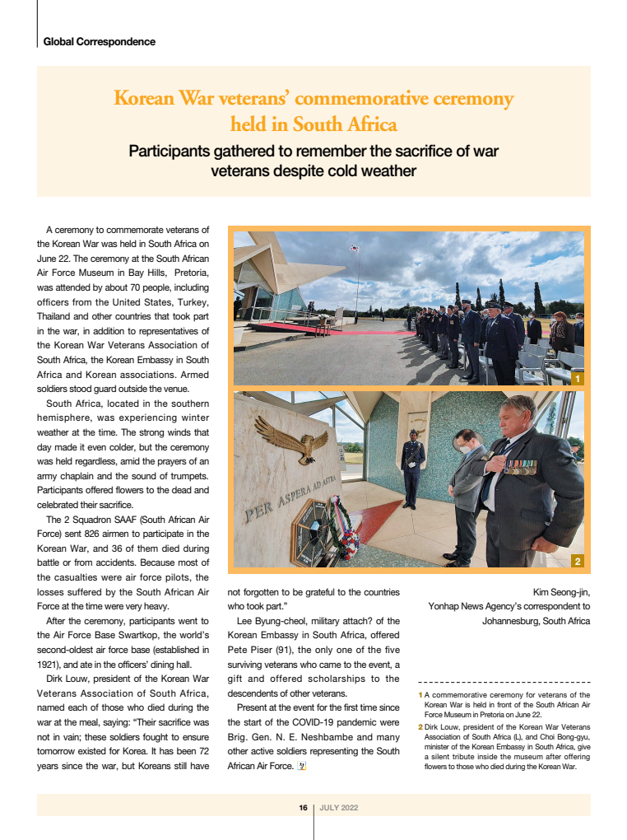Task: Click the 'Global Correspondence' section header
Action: click(x=99, y=41)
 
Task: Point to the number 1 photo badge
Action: click(x=577, y=378)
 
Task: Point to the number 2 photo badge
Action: click(x=577, y=562)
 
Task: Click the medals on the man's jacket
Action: click(x=520, y=467)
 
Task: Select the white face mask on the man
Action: click(x=465, y=450)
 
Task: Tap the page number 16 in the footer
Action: click(x=303, y=808)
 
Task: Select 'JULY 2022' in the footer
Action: click(x=339, y=808)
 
